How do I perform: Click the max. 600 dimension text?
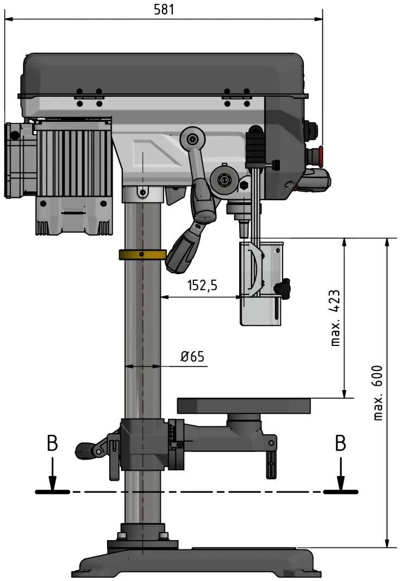(378, 392)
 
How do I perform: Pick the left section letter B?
(52, 443)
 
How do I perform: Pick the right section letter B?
(340, 443)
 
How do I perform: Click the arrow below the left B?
(52, 477)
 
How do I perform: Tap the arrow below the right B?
(340, 477)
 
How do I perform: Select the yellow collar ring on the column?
(142, 255)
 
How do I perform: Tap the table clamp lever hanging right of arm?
(271, 460)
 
